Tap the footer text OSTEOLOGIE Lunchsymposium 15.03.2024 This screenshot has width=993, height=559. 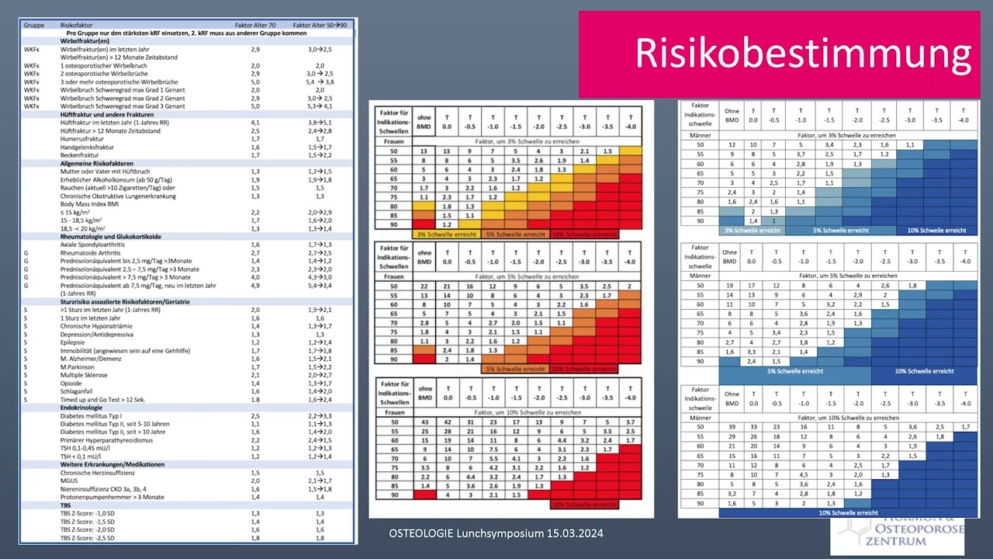(496, 534)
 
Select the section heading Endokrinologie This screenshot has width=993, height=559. (86, 407)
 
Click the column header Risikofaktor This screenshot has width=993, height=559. (78, 25)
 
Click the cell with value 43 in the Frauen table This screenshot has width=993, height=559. (424, 421)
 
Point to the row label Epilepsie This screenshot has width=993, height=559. (74, 342)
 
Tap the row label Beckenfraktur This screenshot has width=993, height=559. (81, 155)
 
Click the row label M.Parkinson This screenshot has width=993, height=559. (79, 366)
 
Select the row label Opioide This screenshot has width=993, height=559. (72, 383)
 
